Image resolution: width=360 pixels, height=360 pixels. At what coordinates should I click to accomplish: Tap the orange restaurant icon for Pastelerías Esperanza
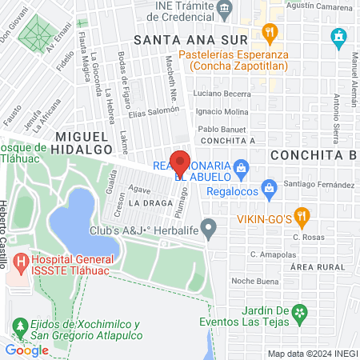click(270, 34)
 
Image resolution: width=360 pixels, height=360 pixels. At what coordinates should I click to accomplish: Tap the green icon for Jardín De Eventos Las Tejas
click(298, 311)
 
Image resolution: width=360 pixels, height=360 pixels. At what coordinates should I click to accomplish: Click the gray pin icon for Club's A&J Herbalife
click(209, 229)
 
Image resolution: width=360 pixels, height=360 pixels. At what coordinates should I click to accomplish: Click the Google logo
click(26, 350)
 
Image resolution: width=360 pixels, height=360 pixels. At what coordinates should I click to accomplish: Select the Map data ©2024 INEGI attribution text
click(312, 354)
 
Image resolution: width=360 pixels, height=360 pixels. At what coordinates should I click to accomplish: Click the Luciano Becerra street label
click(222, 94)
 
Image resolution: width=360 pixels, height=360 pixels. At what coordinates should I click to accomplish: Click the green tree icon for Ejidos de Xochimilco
click(19, 326)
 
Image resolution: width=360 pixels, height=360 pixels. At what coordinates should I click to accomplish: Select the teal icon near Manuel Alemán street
click(338, 37)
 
